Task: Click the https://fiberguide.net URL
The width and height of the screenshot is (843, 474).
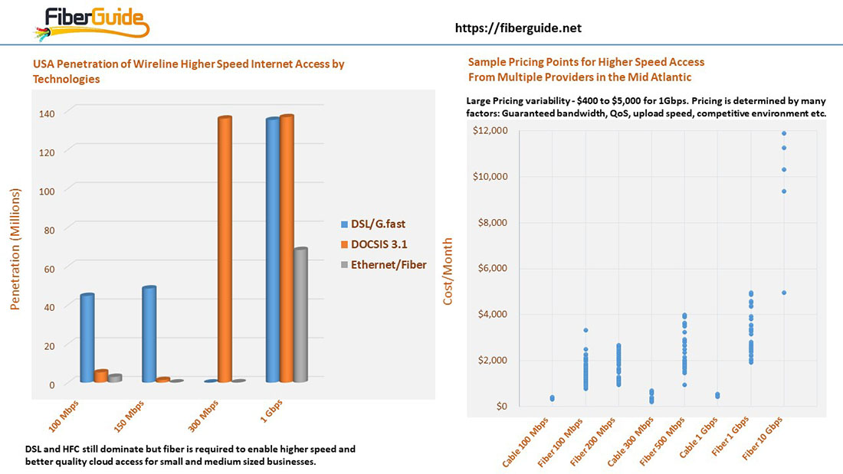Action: point(518,28)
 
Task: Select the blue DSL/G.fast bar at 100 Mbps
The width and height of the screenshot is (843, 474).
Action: point(87,338)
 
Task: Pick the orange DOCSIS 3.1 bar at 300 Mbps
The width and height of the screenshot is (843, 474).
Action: point(225,249)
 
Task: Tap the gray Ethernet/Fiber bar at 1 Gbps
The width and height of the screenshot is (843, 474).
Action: point(300,315)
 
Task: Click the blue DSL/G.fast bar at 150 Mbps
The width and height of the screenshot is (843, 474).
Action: point(149,334)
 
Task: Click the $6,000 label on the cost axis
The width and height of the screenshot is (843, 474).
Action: point(491,268)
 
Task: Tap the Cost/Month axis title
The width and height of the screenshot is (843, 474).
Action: point(448,270)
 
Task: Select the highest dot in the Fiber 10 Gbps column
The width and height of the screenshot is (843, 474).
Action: point(784,133)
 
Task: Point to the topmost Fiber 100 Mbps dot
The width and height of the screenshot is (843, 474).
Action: point(586,330)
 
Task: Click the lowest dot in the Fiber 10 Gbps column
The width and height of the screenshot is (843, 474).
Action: point(784,293)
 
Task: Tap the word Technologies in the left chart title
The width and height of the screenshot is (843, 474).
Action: point(66,79)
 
